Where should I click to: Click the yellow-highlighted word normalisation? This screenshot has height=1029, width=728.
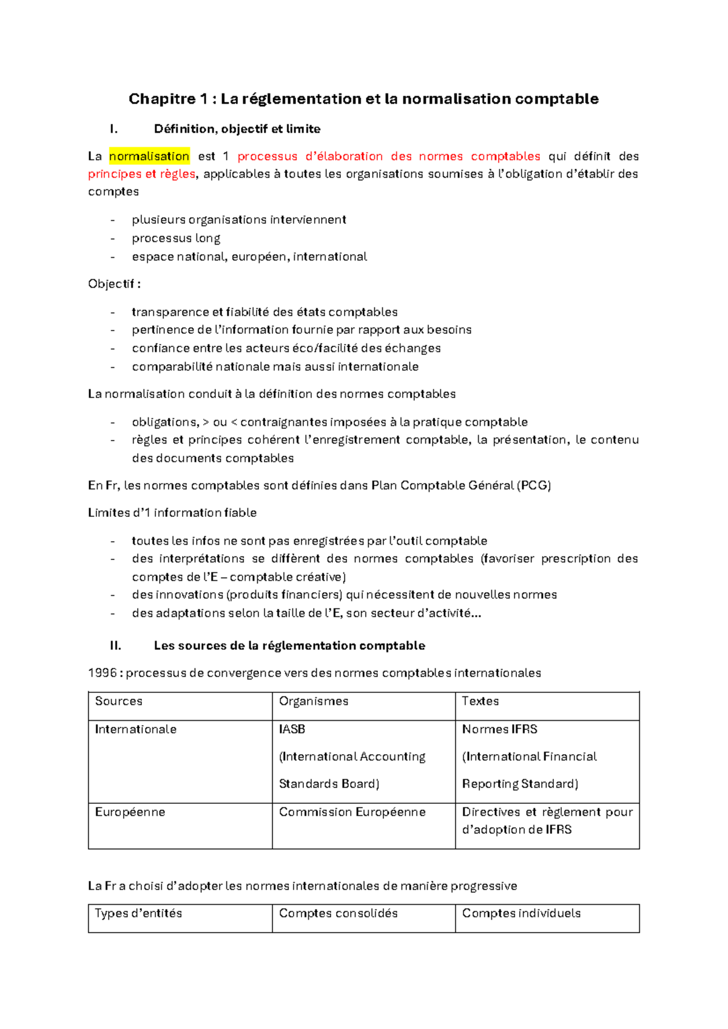click(x=149, y=156)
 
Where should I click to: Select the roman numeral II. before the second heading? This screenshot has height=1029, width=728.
click(x=115, y=646)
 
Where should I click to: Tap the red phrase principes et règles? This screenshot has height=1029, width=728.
click(x=141, y=174)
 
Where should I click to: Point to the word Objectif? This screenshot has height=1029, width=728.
click(x=111, y=284)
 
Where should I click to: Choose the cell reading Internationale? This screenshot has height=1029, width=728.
click(x=136, y=729)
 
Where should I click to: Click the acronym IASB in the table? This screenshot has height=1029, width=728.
click(x=292, y=729)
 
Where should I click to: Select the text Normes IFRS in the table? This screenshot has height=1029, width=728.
click(x=499, y=729)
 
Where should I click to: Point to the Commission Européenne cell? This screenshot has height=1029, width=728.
click(x=352, y=812)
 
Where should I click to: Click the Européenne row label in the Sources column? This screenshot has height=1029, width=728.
click(x=130, y=812)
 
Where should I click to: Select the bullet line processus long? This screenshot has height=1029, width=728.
click(x=176, y=238)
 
